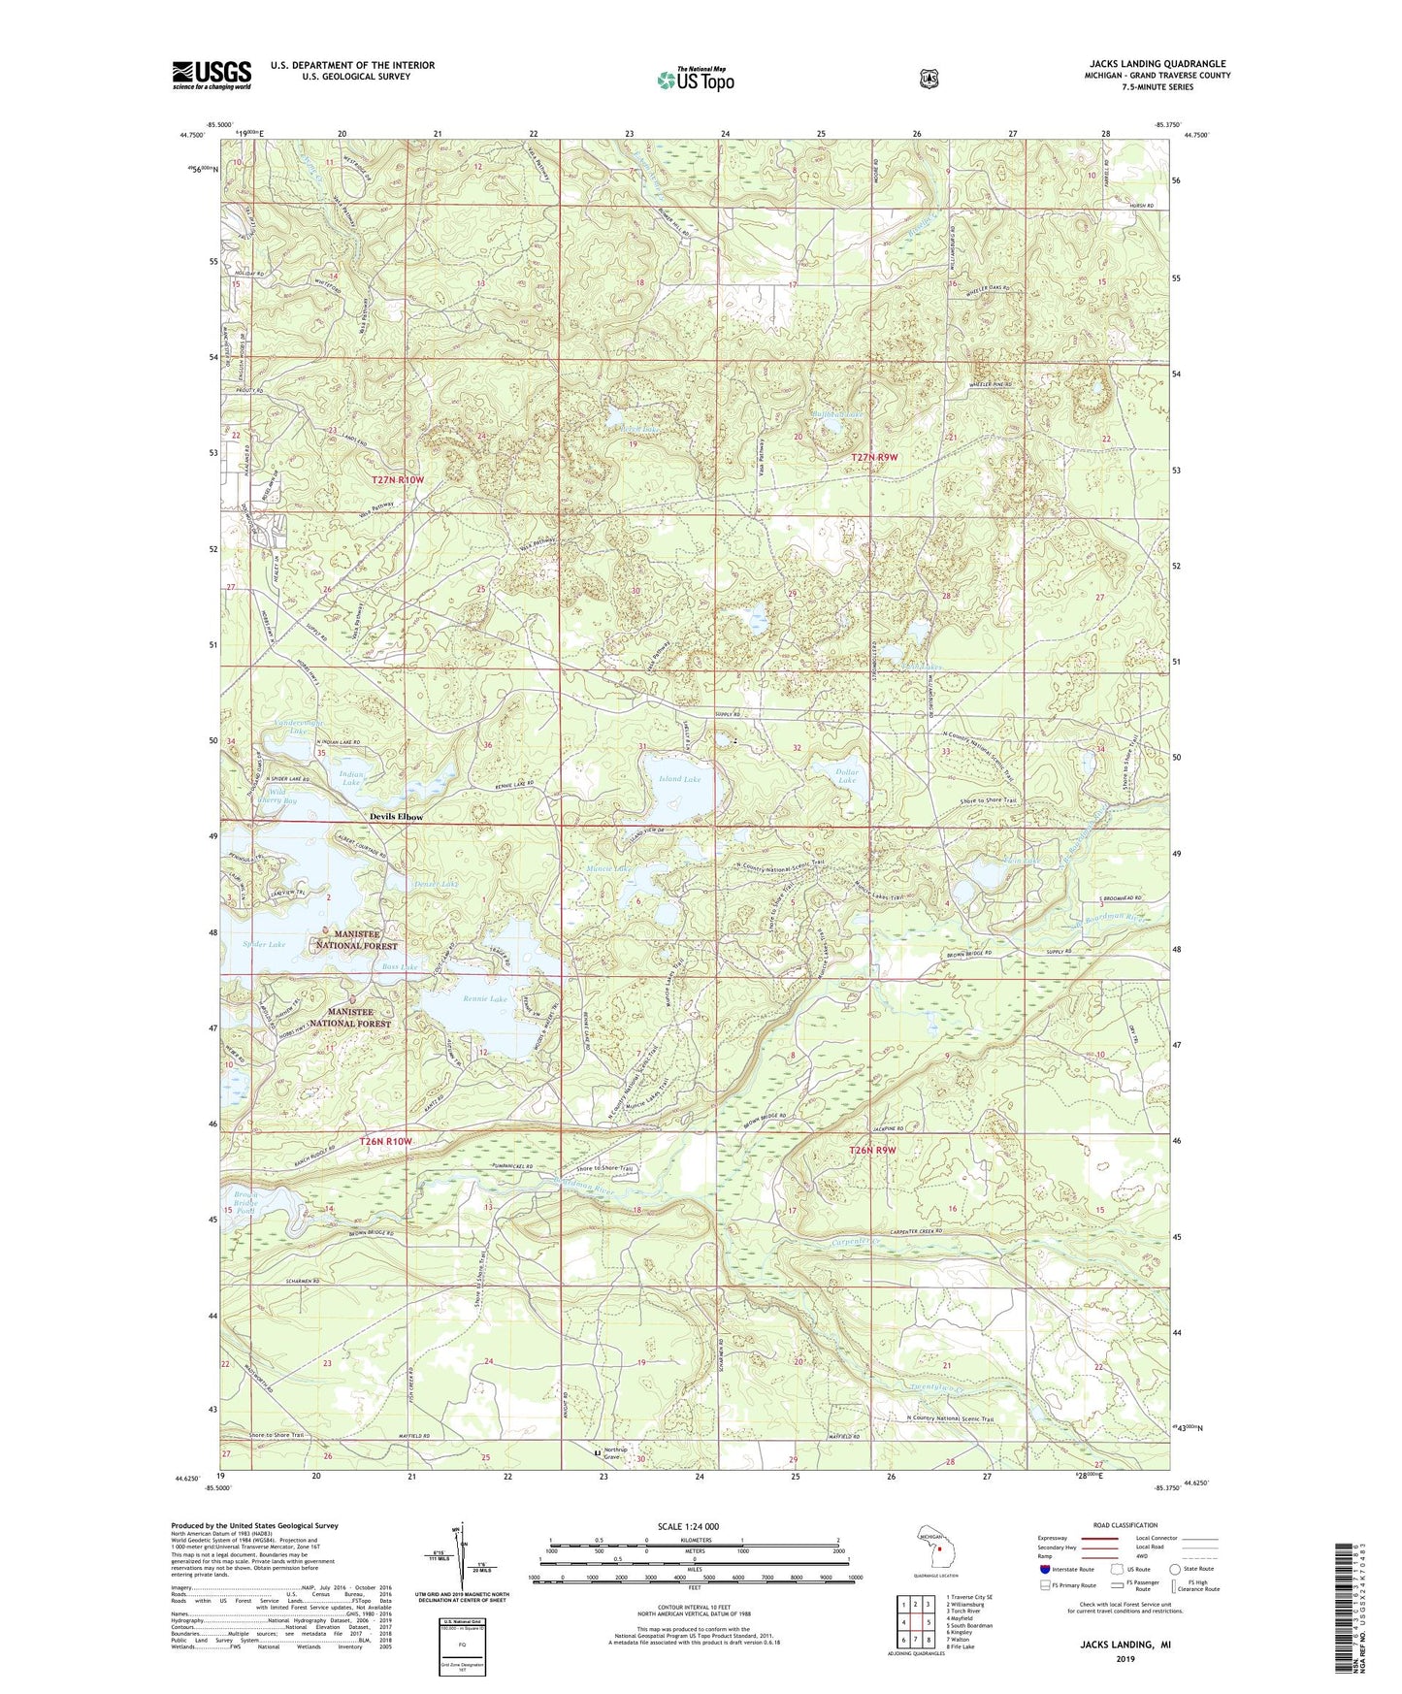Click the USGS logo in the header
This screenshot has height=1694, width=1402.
click(212, 75)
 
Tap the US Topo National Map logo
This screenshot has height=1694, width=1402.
click(695, 79)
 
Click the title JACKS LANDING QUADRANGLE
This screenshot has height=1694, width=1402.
click(1157, 64)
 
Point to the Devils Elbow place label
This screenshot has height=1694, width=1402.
click(396, 817)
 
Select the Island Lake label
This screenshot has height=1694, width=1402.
click(679, 779)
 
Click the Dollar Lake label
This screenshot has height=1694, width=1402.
click(847, 776)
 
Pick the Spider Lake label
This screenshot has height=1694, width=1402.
click(264, 944)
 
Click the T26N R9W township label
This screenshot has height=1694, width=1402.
click(873, 1151)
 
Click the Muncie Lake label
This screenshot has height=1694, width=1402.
click(609, 868)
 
